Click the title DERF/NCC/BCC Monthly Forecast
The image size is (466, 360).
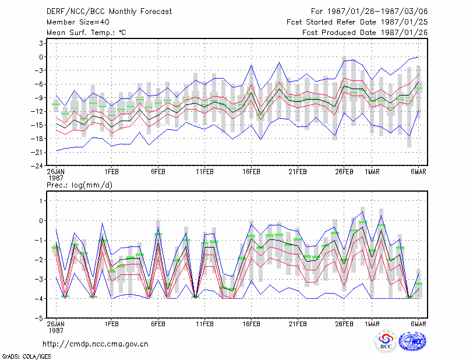coord(109,12)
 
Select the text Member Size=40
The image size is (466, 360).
coord(78,22)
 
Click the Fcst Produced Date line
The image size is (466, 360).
coord(365,33)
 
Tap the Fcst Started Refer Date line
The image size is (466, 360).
coord(357,22)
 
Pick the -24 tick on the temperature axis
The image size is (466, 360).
coord(38,166)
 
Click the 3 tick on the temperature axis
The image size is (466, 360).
coord(41,44)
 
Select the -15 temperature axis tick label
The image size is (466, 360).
coord(38,125)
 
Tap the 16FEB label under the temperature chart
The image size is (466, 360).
coord(251,172)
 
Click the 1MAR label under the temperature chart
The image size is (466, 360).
coord(372,172)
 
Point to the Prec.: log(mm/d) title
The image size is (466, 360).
coord(79,185)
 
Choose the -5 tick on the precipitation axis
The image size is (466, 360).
coord(39,319)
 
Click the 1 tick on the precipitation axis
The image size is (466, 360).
coord(41,201)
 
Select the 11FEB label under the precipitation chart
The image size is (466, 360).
coord(205,324)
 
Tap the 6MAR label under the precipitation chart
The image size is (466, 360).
coord(418,324)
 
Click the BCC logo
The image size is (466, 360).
coord(386,342)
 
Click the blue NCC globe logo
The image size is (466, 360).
coord(412,341)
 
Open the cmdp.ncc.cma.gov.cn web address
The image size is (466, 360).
coord(96,344)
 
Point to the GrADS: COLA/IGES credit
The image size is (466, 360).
coord(26,357)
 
